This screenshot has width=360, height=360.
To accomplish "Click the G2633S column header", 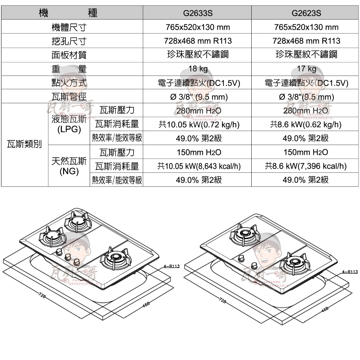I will tap(198, 13).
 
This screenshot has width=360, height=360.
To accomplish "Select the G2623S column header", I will tap(306, 13).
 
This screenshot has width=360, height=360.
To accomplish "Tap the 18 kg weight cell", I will tap(198, 69).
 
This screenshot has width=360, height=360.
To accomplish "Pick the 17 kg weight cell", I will tap(306, 69).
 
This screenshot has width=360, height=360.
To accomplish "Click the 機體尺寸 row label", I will tap(68, 27).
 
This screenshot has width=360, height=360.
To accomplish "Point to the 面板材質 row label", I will tap(68, 55).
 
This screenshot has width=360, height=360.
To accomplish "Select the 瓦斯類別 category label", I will tap(24, 145).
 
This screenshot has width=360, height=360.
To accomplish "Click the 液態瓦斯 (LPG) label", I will tap(69, 124).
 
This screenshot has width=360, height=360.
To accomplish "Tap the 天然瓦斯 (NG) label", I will tap(69, 166).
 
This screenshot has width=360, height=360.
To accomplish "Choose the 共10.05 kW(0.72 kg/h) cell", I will tap(198, 125).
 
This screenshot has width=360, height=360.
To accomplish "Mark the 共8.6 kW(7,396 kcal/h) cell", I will tap(306, 166).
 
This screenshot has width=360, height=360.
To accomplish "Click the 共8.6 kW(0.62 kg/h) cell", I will tap(306, 125).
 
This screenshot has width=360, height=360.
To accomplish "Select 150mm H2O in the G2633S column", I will tap(198, 152).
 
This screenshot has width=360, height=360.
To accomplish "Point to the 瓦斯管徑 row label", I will tap(68, 96).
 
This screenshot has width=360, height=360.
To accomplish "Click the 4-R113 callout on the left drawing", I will tap(171, 266).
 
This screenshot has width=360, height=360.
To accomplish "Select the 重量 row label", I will tap(68, 69).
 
